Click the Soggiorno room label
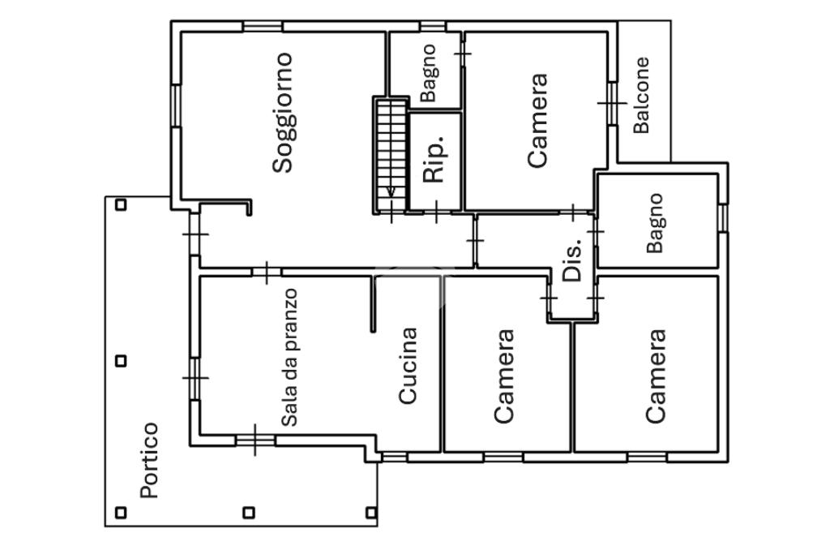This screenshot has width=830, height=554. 282,113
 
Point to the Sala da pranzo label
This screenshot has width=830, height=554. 290,358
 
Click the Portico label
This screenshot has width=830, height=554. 148,460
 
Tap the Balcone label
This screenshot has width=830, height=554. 641,95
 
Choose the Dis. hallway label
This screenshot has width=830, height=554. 573,260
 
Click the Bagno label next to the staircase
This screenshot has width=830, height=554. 429,73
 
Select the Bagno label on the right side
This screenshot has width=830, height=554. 655,223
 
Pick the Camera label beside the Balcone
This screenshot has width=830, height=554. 537,121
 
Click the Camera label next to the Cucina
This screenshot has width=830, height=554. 504,376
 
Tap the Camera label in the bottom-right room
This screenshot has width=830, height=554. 656,376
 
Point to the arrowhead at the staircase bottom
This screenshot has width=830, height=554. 391,193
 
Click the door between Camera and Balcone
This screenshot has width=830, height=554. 612,103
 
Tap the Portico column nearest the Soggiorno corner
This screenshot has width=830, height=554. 121,204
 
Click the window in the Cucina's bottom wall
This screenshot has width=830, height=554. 394,457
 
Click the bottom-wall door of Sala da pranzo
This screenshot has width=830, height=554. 255,440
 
